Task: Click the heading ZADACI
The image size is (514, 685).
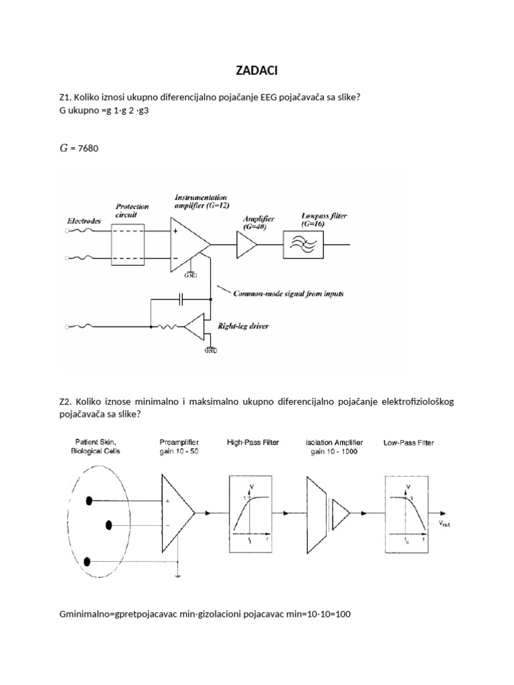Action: point(257,72)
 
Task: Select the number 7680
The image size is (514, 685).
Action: point(88,149)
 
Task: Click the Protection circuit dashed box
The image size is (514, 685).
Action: point(128,242)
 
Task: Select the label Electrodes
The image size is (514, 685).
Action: point(84,220)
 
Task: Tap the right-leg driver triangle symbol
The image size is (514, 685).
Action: point(195,327)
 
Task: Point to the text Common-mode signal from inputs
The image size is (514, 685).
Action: point(278,293)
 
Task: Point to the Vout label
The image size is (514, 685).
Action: point(445,524)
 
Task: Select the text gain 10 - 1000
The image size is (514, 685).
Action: point(333,452)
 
